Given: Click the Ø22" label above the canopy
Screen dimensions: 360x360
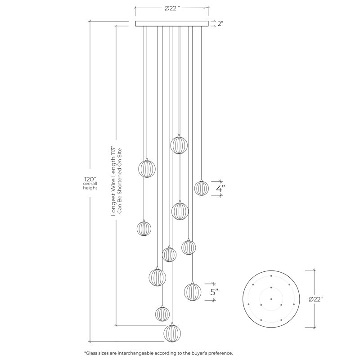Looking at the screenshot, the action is coord(172,9).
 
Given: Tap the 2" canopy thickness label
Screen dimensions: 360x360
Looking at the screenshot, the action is coord(220,23).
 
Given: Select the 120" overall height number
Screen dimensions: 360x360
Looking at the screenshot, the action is coord(90,179).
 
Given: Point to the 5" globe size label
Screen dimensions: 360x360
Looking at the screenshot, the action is coord(214,292).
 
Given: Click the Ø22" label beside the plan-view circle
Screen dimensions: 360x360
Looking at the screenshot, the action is coord(316,299).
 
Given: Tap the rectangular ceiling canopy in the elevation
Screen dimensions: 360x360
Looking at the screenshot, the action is coord(172,24).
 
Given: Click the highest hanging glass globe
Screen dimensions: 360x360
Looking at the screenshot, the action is coord(179,144).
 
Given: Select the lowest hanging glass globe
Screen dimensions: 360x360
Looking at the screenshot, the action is coord(172,332).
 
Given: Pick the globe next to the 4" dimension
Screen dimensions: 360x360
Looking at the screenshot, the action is coord(201,188).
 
